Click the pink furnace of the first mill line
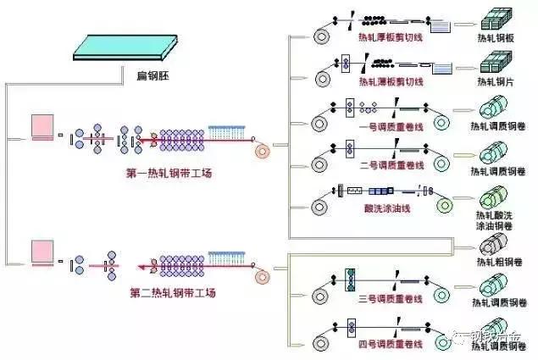pyautogui.click(x=42, y=126)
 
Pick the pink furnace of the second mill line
pyautogui.click(x=42, y=252)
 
